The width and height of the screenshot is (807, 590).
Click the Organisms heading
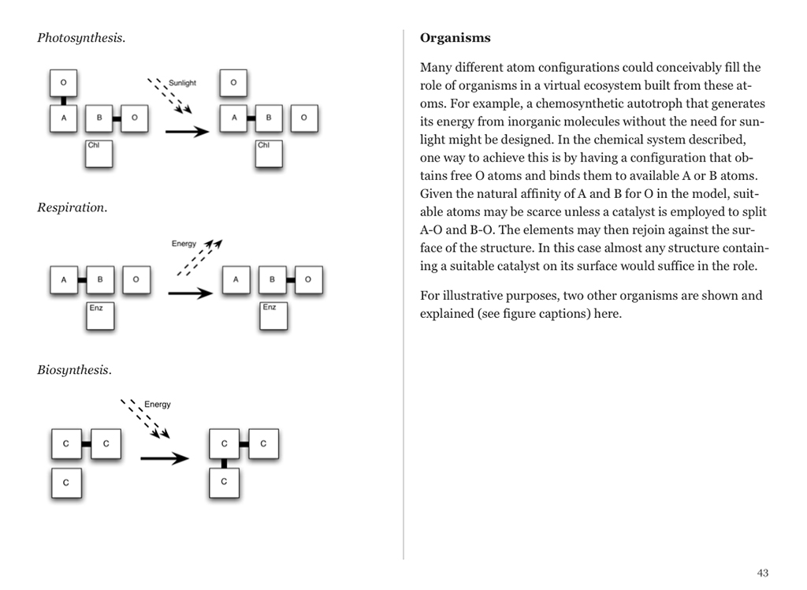tap(456, 38)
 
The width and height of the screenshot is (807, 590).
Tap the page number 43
tap(762, 573)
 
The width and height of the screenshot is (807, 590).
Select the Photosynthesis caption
tap(80, 38)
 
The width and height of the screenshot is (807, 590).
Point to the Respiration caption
tap(72, 208)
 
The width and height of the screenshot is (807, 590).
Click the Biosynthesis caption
tap(74, 370)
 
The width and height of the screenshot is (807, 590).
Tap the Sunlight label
tap(183, 82)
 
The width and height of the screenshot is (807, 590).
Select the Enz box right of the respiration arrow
tap(273, 314)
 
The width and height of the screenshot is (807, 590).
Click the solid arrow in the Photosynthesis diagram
tap(187, 131)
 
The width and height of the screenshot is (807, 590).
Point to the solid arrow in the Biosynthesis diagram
tap(164, 458)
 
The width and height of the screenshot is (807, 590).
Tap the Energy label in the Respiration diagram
tap(184, 244)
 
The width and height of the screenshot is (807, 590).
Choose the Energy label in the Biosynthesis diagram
tap(157, 405)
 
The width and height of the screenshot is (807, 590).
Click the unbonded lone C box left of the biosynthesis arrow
tap(66, 482)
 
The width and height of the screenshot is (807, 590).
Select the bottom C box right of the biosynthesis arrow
tap(225, 481)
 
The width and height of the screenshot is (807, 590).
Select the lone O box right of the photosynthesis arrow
tap(232, 83)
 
